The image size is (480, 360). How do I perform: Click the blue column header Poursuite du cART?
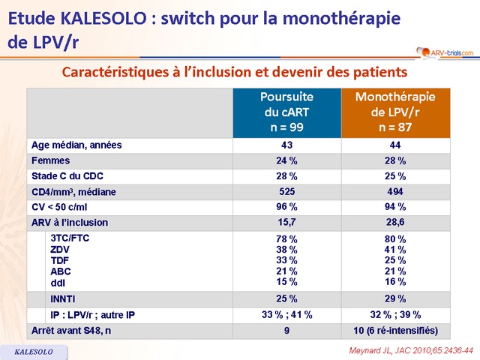point(286,112)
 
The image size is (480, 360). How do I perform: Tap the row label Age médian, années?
point(76,145)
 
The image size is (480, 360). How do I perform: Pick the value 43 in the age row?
point(286,145)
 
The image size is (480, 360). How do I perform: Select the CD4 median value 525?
point(286,192)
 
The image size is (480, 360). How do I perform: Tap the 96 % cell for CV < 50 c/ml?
point(286,207)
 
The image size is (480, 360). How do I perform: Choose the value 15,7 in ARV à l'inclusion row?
point(286,223)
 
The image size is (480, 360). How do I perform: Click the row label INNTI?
point(63,299)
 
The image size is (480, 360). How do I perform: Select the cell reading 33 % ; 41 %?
point(286,315)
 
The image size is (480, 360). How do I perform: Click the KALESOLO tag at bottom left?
point(33,351)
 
